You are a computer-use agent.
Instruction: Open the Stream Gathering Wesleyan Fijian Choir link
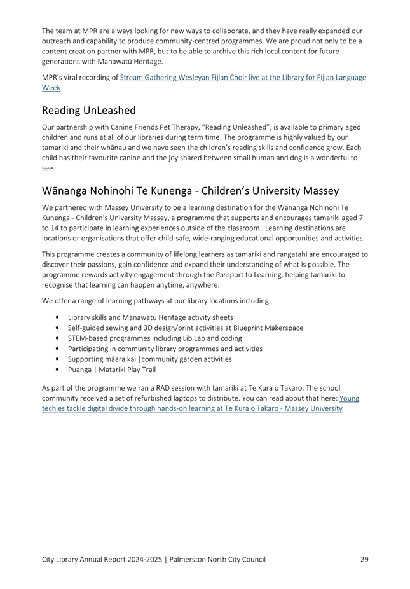point(243,78)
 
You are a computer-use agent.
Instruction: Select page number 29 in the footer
point(364,560)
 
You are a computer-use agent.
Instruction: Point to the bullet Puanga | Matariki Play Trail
point(112,370)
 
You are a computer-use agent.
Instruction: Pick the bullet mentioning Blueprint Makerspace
point(185,328)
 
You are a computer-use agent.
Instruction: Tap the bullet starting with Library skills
point(150,317)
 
